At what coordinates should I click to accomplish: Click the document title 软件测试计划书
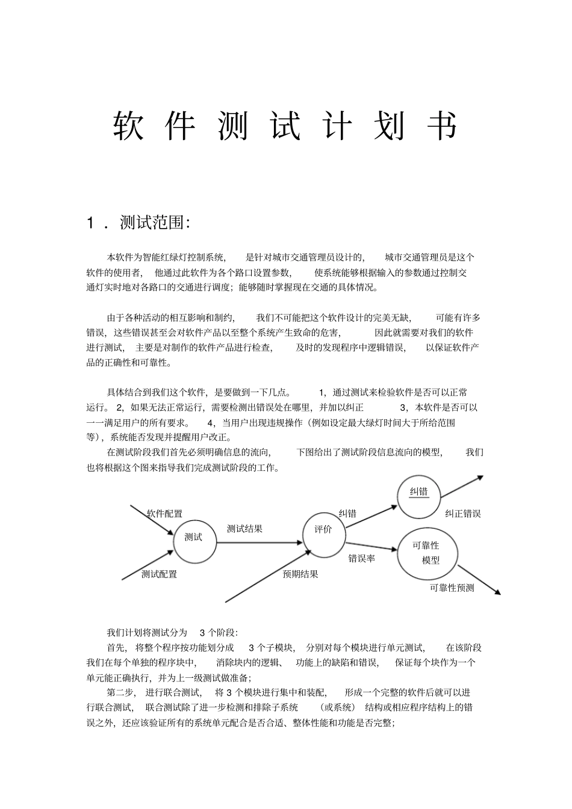coord(285,126)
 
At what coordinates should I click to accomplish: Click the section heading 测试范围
coord(155,223)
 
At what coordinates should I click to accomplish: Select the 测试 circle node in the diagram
coord(194,537)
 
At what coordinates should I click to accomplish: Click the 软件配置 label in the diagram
coord(164,514)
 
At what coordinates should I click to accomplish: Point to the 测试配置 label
coord(159,574)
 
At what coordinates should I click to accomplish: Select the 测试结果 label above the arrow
coord(244,529)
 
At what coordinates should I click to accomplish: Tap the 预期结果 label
coord(300,574)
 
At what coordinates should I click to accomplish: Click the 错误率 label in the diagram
coord(361,559)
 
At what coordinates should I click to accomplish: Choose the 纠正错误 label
coord(463,514)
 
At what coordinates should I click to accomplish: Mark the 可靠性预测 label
coord(452,588)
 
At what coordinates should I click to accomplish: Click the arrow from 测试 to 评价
coord(259,542)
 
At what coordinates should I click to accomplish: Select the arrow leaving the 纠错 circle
coord(462,487)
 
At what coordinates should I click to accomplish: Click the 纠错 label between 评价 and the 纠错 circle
coord(347,514)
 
